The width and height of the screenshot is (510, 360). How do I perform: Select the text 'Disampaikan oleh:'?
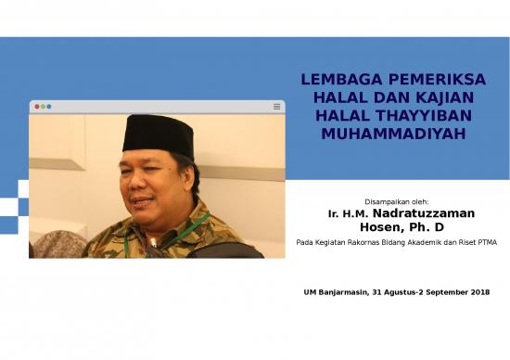click(x=397, y=200)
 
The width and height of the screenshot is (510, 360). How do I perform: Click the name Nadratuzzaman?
click(x=424, y=213)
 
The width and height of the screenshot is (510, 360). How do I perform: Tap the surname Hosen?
click(x=380, y=227)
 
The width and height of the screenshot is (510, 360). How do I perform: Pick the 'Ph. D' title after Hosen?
click(x=427, y=227)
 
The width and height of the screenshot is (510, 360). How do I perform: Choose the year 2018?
click(x=478, y=292)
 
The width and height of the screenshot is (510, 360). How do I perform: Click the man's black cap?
click(x=158, y=135)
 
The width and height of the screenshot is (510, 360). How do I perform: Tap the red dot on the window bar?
click(x=37, y=107)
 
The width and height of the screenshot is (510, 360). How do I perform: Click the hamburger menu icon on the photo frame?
click(x=276, y=107)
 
